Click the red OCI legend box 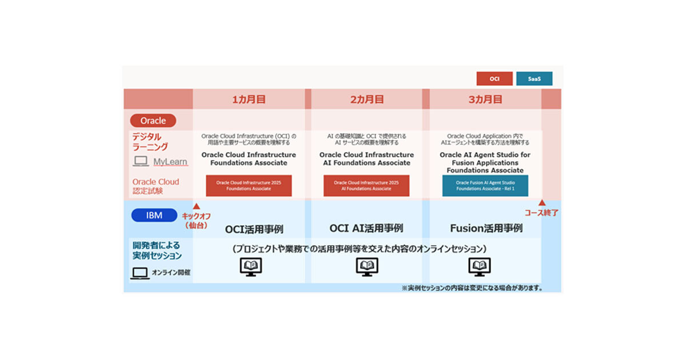[x=494, y=79]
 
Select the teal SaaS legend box [x=534, y=79]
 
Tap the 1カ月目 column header [x=249, y=99]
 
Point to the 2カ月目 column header [x=366, y=99]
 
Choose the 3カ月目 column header [x=485, y=99]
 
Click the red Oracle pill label [x=153, y=121]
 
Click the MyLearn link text [x=170, y=162]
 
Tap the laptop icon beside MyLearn [x=141, y=162]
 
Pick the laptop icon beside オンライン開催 [x=139, y=273]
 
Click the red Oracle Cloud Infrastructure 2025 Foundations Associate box [x=249, y=186]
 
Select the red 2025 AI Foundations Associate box [x=366, y=186]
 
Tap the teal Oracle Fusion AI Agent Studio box [x=485, y=186]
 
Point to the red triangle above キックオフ [x=196, y=206]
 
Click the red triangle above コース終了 [x=541, y=203]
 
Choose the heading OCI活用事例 [x=254, y=229]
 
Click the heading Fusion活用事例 [x=486, y=228]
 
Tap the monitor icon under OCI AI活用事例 [x=367, y=266]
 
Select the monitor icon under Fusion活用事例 [x=480, y=266]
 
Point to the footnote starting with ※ [x=472, y=288]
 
